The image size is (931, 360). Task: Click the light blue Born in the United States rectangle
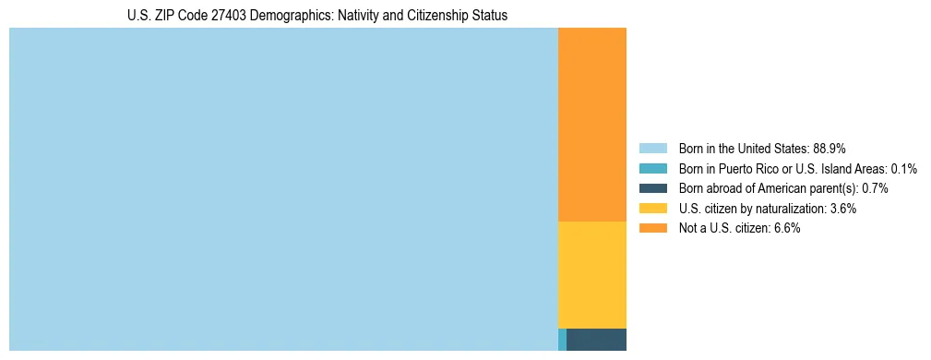tap(283, 189)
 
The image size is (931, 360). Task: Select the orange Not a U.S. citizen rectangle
tap(591, 125)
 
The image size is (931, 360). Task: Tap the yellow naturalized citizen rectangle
tap(591, 275)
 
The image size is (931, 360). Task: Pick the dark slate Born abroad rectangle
tap(596, 340)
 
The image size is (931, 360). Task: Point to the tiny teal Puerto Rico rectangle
tap(562, 340)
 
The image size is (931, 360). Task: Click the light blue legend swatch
tap(652, 148)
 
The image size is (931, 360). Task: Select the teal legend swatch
tap(652, 168)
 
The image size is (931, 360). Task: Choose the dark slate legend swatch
tap(652, 188)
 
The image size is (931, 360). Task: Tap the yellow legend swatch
tap(652, 209)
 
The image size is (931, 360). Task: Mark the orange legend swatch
tap(652, 229)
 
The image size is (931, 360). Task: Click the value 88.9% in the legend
tap(829, 148)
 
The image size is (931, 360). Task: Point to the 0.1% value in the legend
tap(903, 168)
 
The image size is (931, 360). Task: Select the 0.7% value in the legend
tap(875, 188)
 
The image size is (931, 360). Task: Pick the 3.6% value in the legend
tap(842, 209)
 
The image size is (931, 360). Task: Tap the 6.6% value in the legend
tap(785, 229)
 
